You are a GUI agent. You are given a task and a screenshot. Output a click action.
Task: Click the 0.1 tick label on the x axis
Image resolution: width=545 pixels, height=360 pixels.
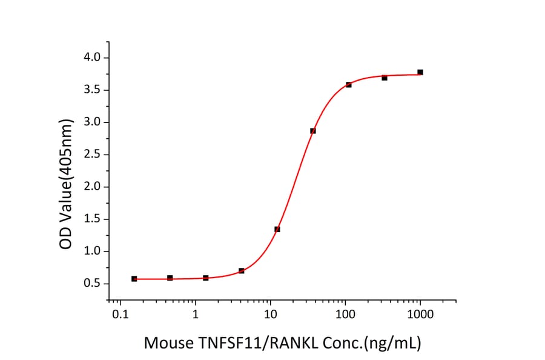tap(120, 316)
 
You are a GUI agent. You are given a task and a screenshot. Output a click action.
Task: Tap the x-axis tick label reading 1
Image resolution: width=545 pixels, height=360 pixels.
tap(196, 316)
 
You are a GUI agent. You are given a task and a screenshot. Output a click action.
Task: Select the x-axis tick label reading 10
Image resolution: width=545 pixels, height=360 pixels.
tap(271, 316)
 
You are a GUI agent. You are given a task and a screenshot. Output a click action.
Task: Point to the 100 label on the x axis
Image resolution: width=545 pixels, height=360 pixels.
tap(345, 316)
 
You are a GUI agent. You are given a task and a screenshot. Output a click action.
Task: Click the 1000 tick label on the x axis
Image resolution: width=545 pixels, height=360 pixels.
tap(420, 316)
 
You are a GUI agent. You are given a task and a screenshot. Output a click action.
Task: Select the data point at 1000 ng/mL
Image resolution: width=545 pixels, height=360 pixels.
tap(420, 72)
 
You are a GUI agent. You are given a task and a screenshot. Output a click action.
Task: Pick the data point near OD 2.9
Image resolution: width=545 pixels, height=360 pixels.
tap(313, 131)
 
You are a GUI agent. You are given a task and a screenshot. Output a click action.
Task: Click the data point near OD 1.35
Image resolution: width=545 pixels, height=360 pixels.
tap(277, 229)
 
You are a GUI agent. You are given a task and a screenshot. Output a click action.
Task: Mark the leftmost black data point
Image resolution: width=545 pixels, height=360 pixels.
tap(134, 279)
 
